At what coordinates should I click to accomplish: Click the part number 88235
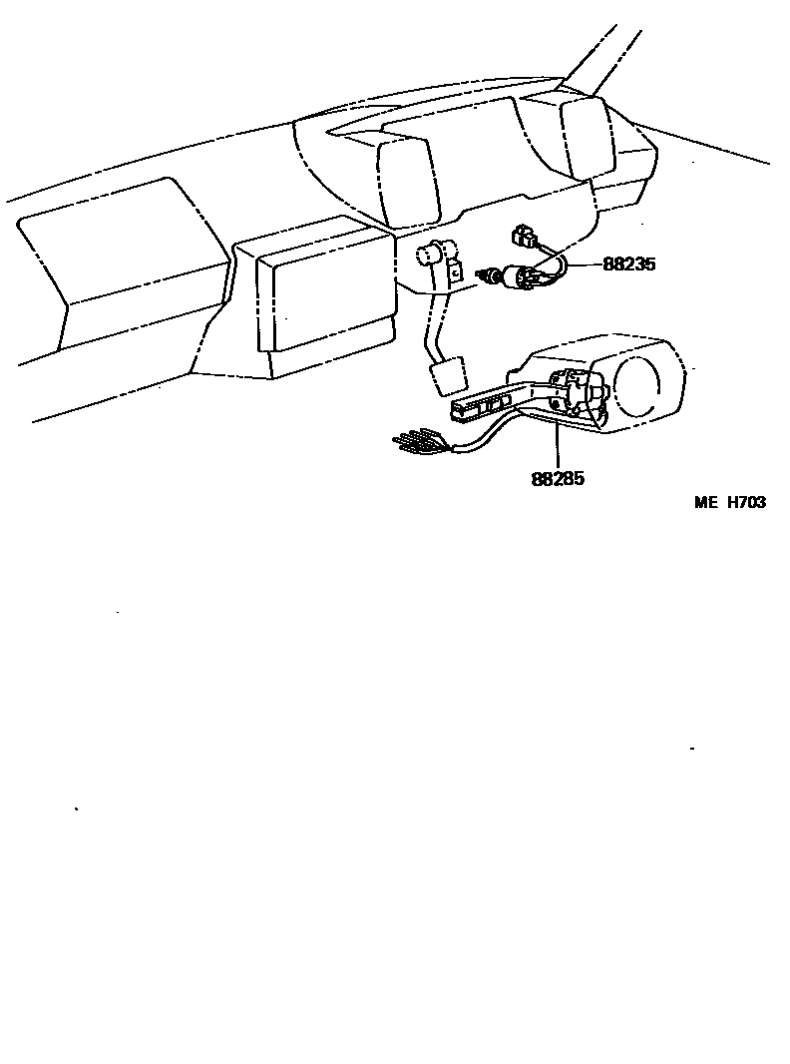point(628,266)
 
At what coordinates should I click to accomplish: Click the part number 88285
point(558,478)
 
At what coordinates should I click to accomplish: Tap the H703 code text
point(746,503)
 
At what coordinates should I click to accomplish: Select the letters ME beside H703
point(706,503)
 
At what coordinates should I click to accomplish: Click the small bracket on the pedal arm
point(455,270)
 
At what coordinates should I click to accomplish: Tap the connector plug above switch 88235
point(522,238)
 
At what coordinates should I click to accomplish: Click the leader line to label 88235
point(584,266)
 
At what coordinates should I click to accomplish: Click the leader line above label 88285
point(557,444)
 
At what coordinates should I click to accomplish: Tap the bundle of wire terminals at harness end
point(414,441)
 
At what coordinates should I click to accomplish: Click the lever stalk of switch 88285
point(484,403)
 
